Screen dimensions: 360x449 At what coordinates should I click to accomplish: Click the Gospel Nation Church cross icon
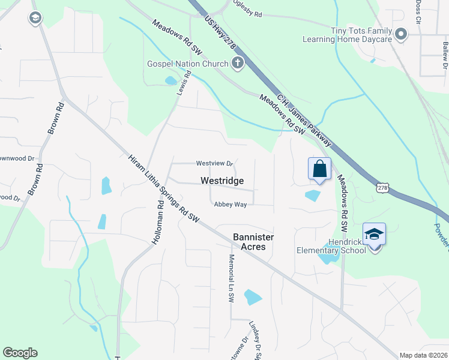coord(238,63)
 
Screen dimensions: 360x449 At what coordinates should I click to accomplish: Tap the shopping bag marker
coord(319,169)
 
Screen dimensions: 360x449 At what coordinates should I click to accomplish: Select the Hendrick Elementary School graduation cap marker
coord(374,234)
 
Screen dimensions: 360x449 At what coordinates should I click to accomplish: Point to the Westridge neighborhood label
coord(222,181)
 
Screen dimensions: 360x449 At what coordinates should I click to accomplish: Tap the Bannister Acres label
coord(253,242)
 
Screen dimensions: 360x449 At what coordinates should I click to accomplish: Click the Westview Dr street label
coord(214,163)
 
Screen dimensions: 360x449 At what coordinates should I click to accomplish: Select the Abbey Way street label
coord(231,205)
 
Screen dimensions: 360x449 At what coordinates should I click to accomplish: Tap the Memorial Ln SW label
coord(231,278)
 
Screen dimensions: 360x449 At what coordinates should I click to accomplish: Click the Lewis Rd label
coord(183,83)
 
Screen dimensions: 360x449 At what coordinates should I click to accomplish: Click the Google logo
coord(20,353)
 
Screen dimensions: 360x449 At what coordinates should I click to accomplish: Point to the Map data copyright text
coord(424,355)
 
